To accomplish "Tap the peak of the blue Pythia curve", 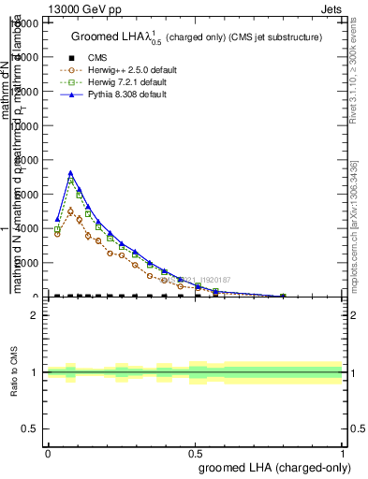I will tap(70, 173).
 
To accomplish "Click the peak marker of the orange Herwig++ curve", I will tap(70, 210).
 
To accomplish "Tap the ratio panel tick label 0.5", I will tap(30, 428).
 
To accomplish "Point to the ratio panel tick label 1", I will tap(35, 372).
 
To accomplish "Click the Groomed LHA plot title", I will tap(197, 36).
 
